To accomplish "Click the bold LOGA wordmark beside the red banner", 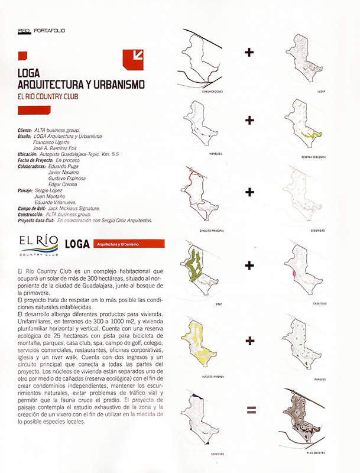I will (78, 244).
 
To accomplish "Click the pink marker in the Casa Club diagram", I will (294, 274).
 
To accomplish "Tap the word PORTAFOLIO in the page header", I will (50, 29).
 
